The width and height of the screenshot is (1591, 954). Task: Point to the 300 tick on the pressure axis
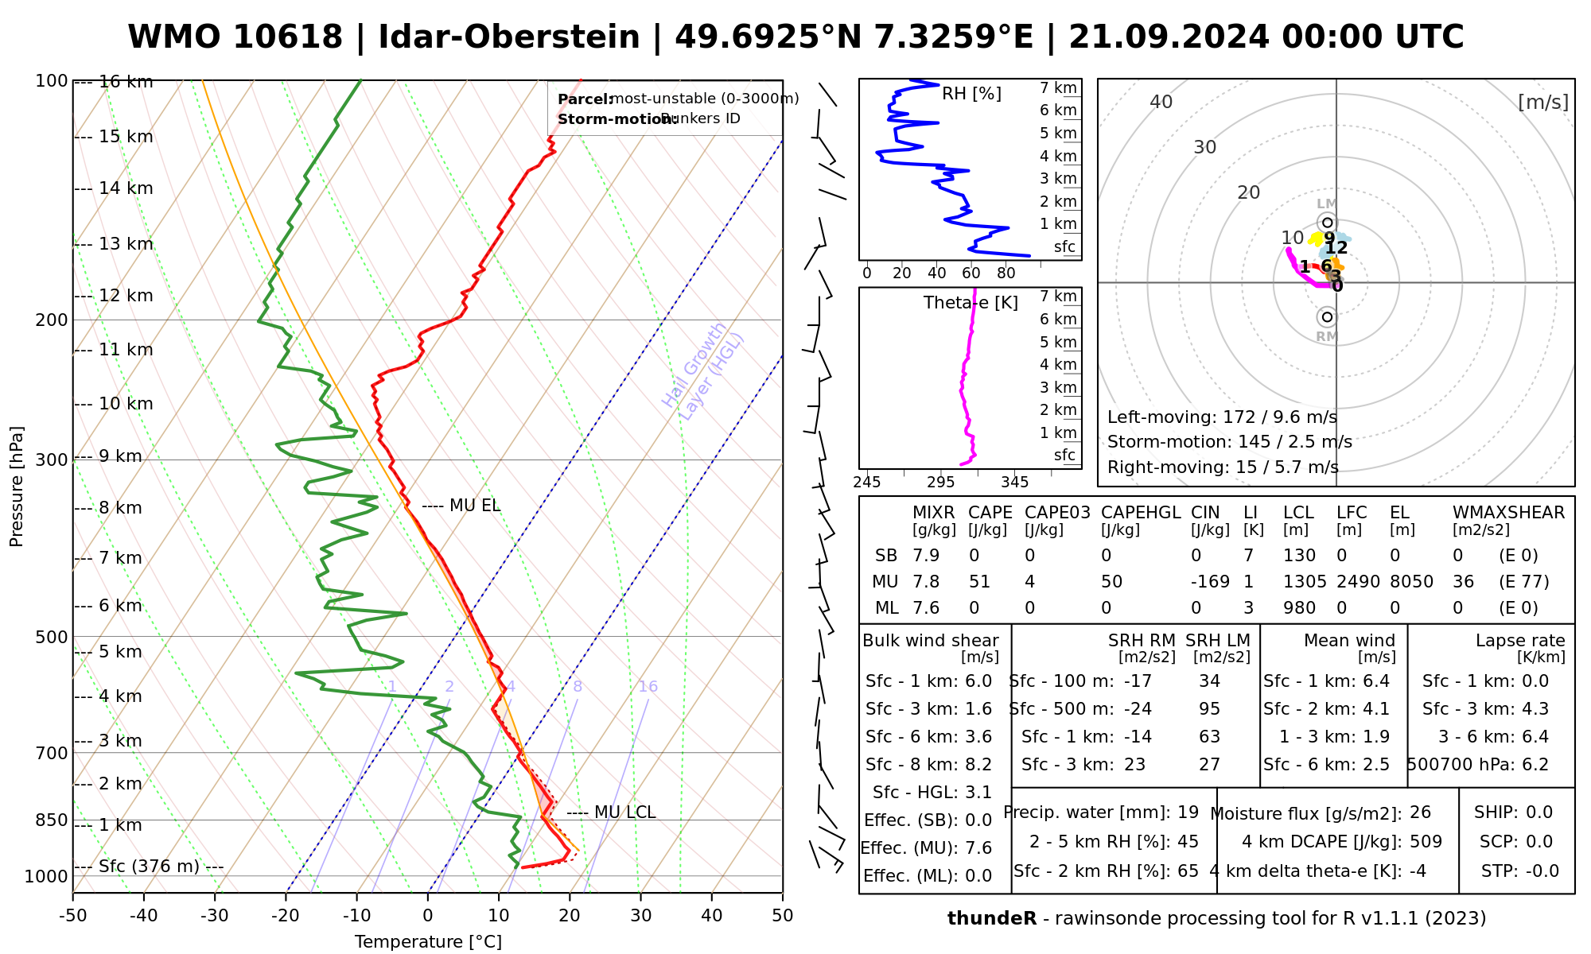[x=53, y=460]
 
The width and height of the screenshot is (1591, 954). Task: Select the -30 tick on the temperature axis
[x=215, y=916]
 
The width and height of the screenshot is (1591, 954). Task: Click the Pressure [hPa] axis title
[x=17, y=487]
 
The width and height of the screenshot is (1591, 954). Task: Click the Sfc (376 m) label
[x=149, y=866]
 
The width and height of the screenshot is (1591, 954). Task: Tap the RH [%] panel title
[x=971, y=94]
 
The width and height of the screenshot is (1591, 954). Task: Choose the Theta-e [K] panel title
[x=971, y=303]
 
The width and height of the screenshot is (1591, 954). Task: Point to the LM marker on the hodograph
[x=1327, y=222]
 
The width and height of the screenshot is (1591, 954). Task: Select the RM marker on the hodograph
[x=1327, y=317]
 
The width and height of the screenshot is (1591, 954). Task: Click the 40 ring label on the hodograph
[x=1161, y=102]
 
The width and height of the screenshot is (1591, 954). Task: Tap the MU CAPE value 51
[x=979, y=582]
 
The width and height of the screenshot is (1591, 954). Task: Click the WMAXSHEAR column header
[x=1508, y=513]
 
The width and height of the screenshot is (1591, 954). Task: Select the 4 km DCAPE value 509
[x=1426, y=842]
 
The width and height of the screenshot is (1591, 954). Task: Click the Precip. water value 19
[x=1188, y=812]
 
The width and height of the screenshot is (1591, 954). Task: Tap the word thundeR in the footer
[x=991, y=919]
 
